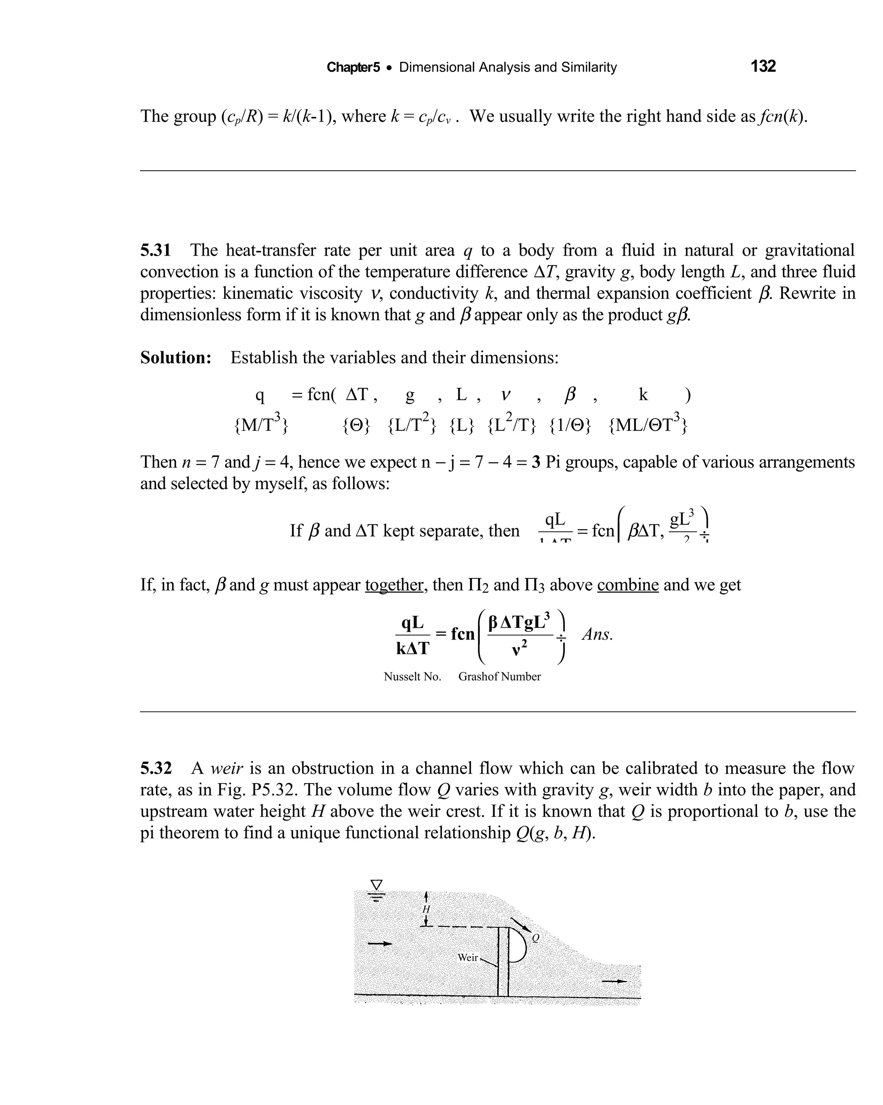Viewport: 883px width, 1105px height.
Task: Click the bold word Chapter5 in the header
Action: [x=353, y=67]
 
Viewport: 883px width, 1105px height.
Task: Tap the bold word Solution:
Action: [x=176, y=357]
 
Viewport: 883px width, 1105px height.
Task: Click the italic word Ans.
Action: [x=598, y=634]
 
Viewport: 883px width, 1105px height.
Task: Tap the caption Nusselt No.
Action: [x=412, y=677]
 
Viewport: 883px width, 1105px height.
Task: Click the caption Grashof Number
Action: [x=499, y=677]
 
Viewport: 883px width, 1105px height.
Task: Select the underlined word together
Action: [x=395, y=585]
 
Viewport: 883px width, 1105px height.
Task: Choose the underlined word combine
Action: [x=628, y=585]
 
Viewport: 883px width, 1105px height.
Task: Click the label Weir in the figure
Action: [x=468, y=957]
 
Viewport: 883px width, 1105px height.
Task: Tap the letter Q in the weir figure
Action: [x=535, y=938]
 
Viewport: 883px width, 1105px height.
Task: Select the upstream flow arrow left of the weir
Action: [x=380, y=943]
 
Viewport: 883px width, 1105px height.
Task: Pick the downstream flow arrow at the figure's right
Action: [x=614, y=981]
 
